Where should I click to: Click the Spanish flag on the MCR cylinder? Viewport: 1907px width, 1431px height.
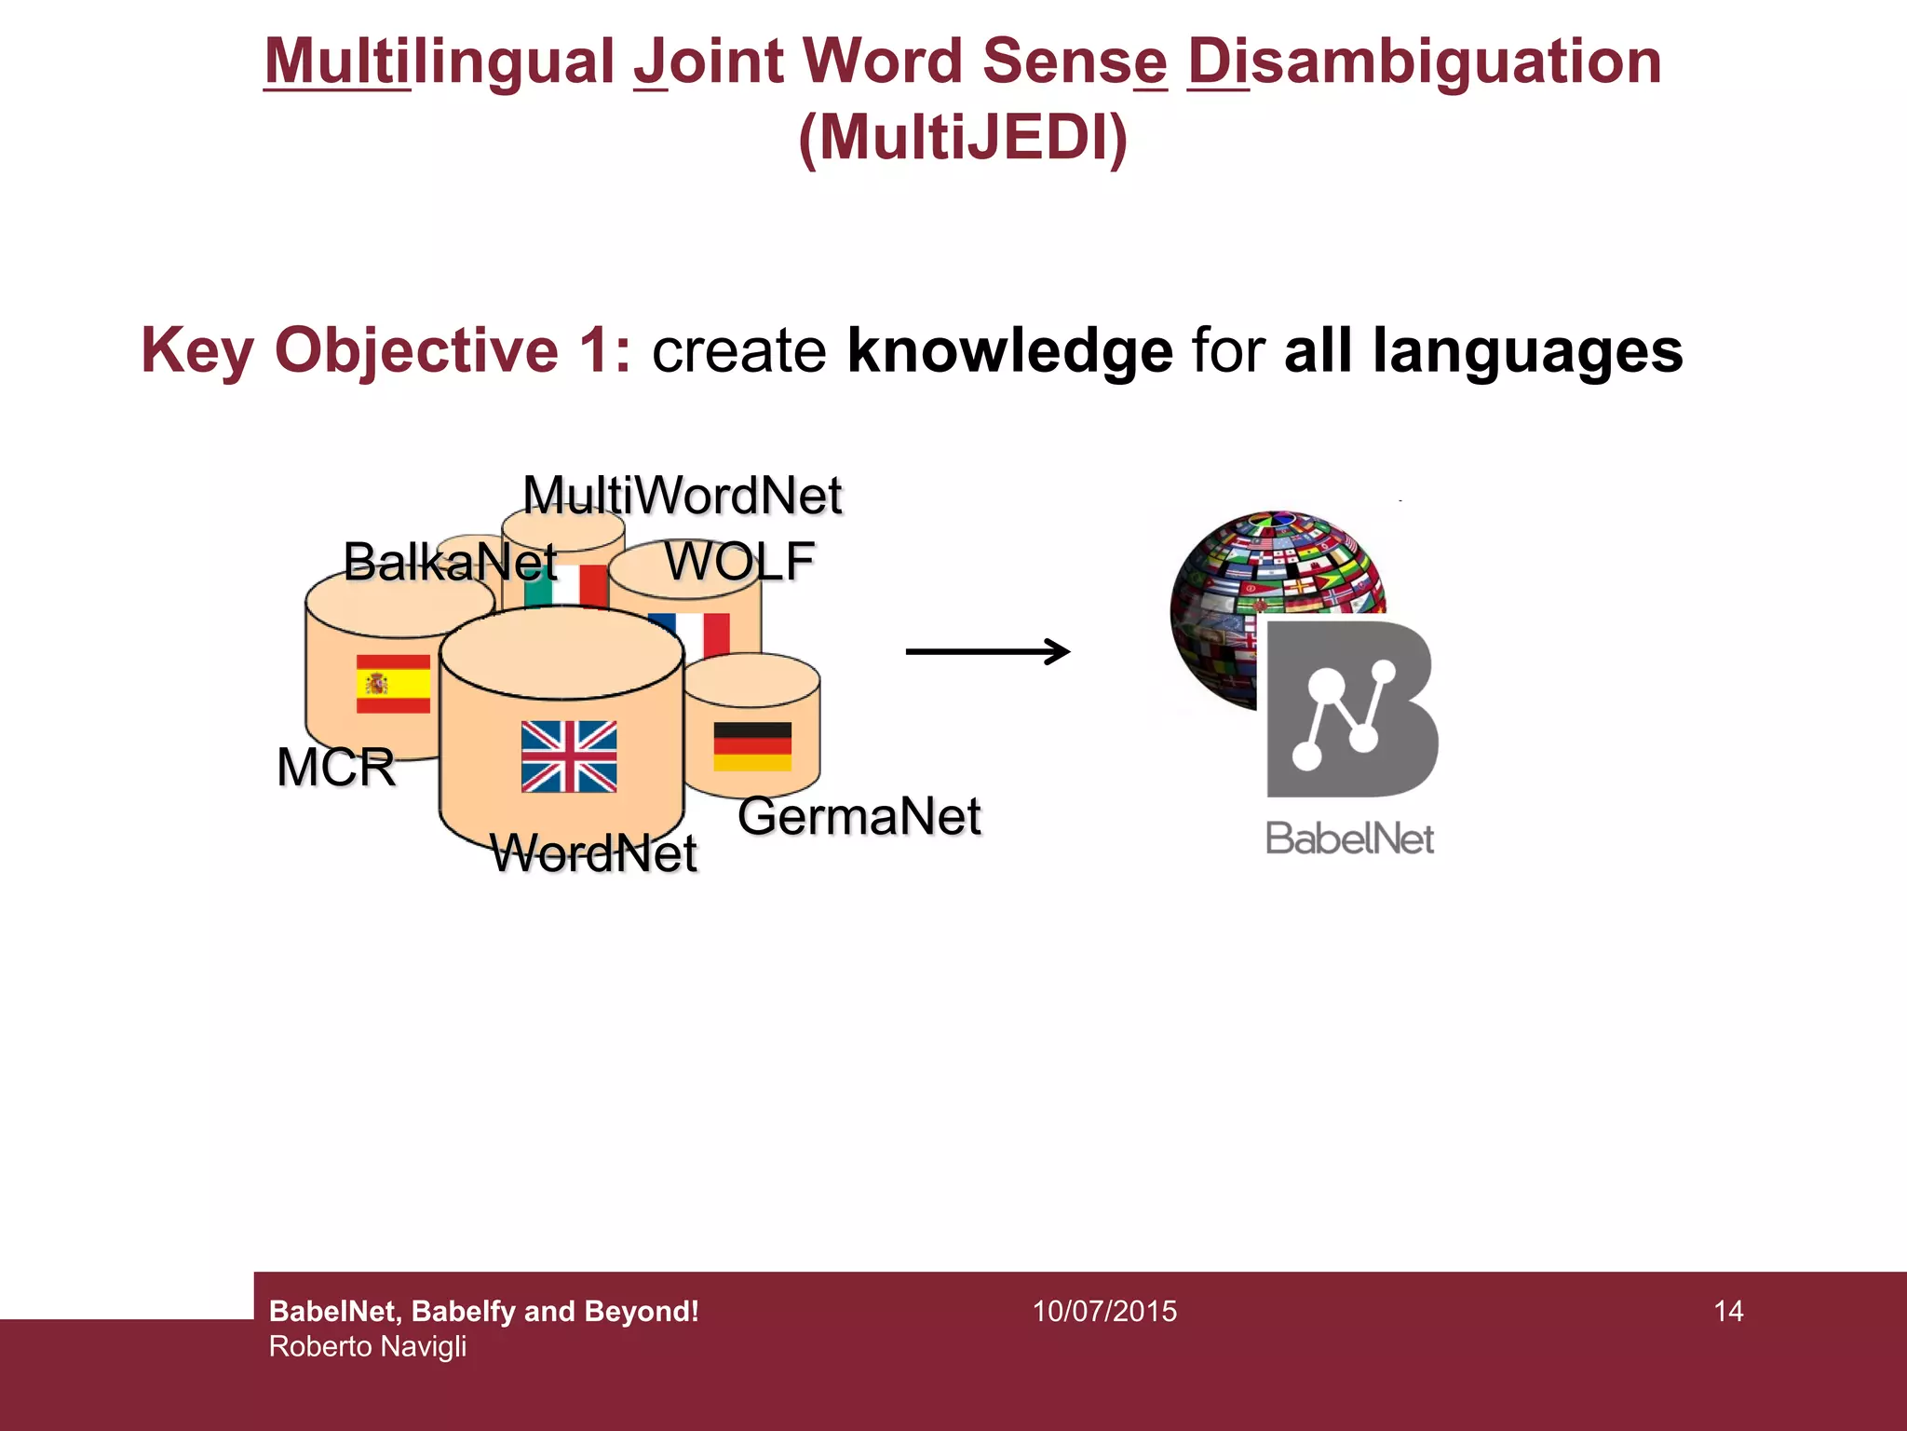393,684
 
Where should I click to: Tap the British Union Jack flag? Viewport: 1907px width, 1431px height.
568,756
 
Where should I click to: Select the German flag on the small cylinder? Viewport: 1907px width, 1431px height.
752,746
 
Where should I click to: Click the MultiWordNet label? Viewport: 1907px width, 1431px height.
682,495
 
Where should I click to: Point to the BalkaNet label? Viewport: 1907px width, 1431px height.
450,562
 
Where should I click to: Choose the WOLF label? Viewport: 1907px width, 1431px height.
739,561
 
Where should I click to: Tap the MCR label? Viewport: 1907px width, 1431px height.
336,768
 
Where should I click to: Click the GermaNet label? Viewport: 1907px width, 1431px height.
859,816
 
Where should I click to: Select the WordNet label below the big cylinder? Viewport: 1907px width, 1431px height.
593,852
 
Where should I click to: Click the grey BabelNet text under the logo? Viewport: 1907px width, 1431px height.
1349,838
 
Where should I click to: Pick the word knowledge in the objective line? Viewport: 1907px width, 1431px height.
1009,350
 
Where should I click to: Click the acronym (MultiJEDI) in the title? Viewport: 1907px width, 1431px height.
963,138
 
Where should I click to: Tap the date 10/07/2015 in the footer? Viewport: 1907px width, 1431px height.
1104,1311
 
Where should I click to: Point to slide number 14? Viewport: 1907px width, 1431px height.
1728,1311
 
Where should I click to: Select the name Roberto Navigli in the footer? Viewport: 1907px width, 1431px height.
368,1346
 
